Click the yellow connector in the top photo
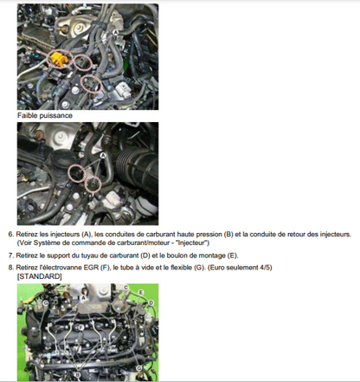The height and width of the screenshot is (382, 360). click(x=59, y=59)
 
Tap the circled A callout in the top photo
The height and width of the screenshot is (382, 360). click(x=115, y=33)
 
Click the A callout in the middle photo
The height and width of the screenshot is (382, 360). click(x=102, y=155)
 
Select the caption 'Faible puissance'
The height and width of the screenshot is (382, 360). click(x=45, y=115)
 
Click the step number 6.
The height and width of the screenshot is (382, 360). click(x=10, y=234)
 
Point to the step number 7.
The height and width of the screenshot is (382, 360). click(x=10, y=256)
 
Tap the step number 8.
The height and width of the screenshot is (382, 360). click(x=10, y=268)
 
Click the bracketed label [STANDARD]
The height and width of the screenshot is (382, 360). click(x=40, y=276)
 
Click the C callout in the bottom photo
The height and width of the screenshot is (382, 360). click(x=125, y=288)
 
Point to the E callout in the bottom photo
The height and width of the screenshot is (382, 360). click(x=141, y=293)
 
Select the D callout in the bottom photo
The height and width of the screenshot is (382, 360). click(x=151, y=302)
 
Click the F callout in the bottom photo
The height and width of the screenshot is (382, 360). click(x=81, y=327)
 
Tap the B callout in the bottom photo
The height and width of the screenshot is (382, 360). click(x=77, y=375)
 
